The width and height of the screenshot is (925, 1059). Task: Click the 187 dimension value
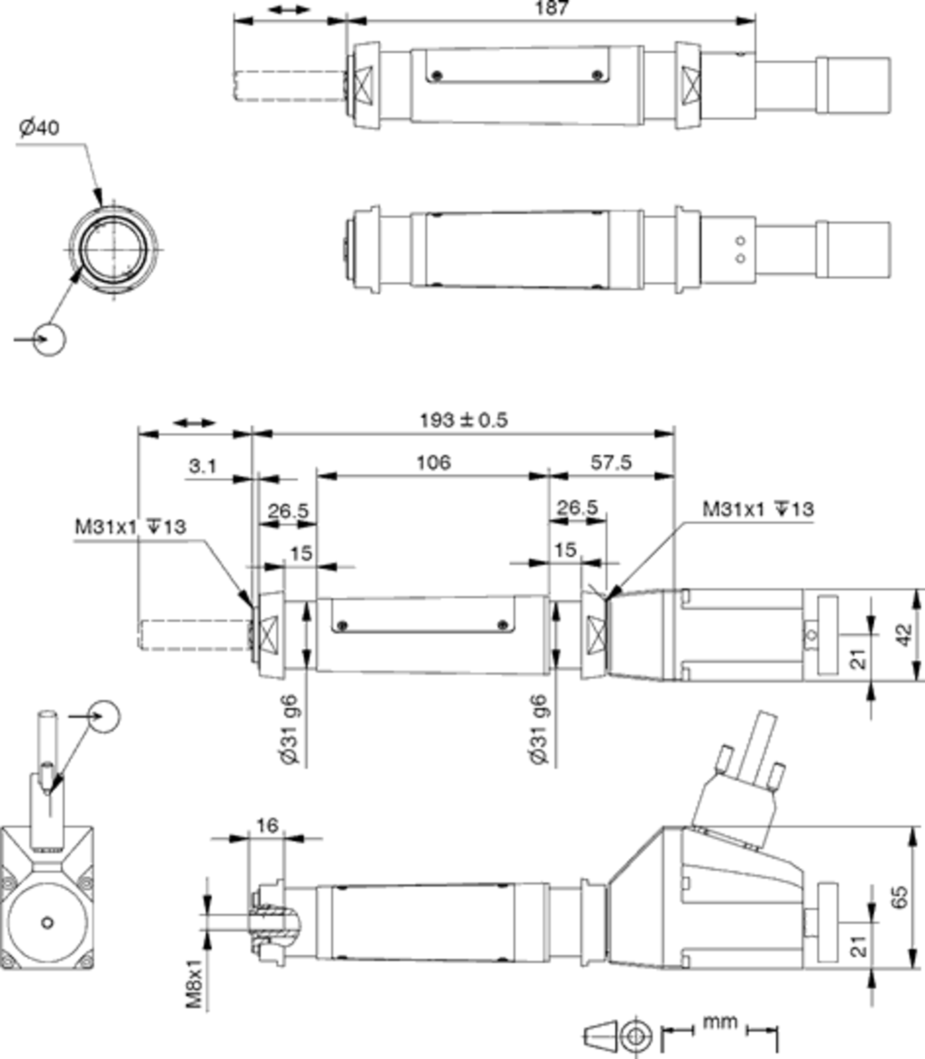point(551,8)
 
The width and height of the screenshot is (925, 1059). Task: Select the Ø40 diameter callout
point(39,128)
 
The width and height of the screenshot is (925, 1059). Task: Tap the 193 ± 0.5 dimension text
point(463,420)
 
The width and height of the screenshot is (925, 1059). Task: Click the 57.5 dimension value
point(610,463)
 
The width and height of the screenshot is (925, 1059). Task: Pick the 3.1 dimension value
point(203,467)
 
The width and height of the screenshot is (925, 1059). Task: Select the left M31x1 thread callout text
point(130,527)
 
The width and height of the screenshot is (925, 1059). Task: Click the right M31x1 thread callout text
point(758,510)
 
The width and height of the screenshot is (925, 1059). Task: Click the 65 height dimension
point(899,898)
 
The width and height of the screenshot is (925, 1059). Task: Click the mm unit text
point(720,1022)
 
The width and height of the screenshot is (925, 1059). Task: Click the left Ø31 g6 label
point(290,730)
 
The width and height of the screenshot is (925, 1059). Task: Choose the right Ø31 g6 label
point(538,730)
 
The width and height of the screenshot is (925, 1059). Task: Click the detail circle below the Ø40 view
point(49,339)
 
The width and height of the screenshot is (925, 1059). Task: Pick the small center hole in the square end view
point(47,923)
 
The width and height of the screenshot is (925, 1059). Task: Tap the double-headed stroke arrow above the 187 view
point(289,9)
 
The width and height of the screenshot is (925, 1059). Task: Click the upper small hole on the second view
point(740,241)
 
